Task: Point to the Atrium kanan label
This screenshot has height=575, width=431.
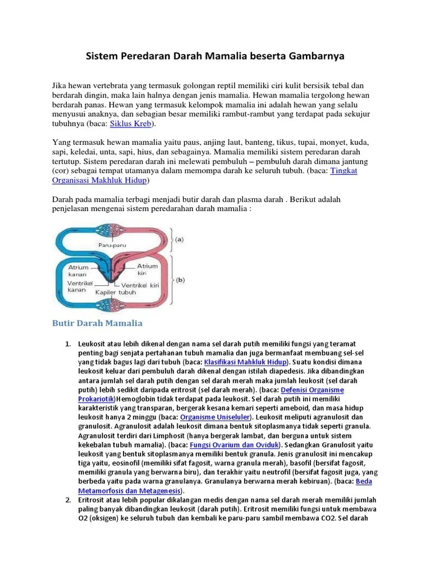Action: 78,271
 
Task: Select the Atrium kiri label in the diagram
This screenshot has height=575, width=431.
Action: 148,269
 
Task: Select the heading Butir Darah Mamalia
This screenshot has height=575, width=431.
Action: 97,323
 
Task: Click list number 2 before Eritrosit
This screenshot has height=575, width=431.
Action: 68,500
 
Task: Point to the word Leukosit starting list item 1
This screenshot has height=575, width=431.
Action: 93,344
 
